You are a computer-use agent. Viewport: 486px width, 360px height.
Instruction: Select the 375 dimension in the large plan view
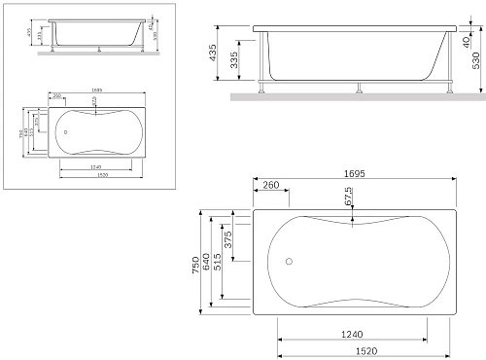coord(227,241)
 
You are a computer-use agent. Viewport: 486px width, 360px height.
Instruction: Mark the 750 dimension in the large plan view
coord(195,264)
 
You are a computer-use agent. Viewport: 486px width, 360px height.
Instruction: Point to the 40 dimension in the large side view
coord(466,42)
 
